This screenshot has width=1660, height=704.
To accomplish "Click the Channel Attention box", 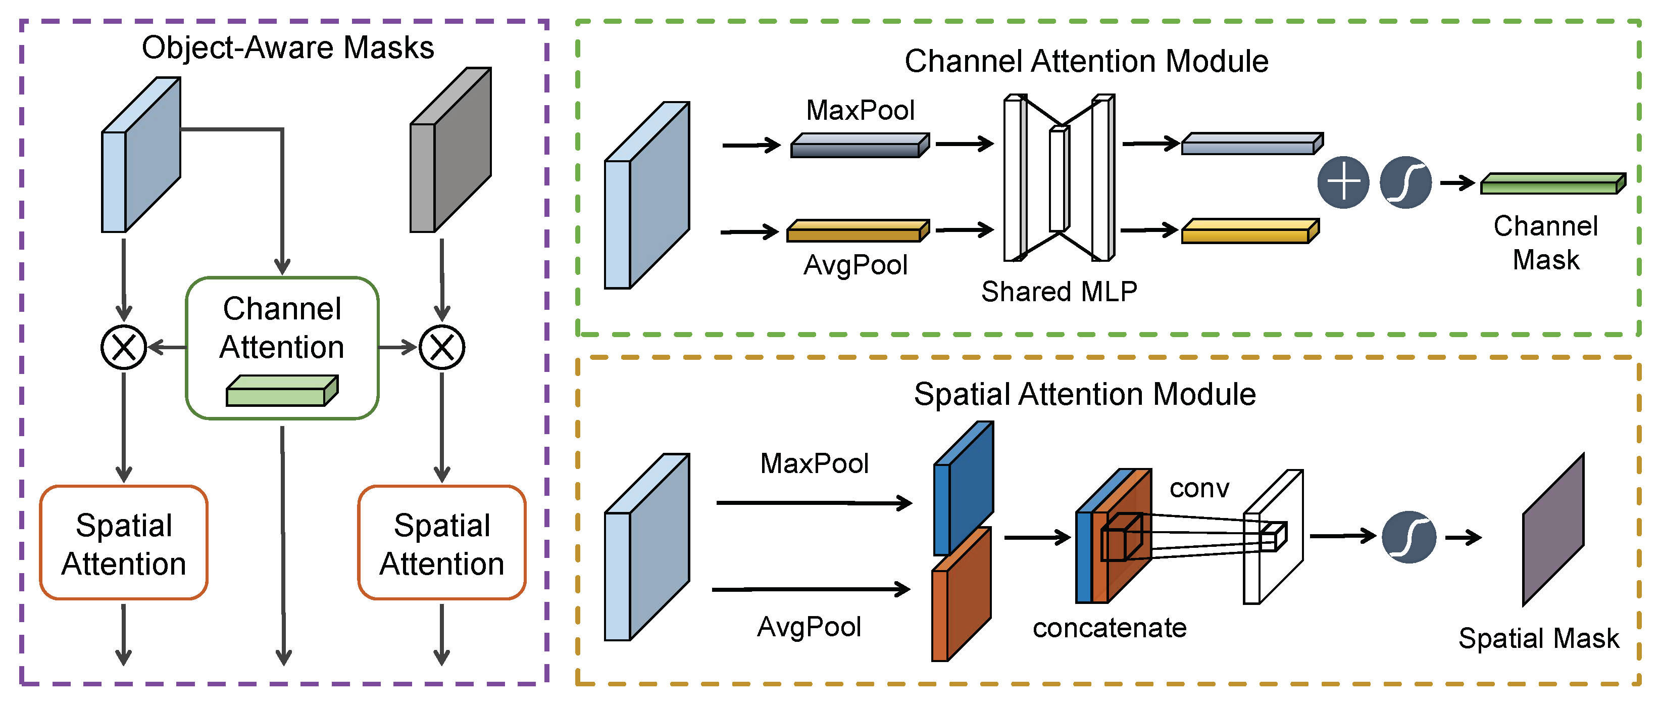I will click(282, 348).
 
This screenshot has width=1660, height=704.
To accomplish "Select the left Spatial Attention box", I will click(124, 543).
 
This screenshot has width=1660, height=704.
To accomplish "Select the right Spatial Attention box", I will click(441, 543).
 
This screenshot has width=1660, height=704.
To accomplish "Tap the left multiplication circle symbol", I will click(124, 348).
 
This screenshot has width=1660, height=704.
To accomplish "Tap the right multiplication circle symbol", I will click(442, 348).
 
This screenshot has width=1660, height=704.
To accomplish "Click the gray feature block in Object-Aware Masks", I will click(451, 150).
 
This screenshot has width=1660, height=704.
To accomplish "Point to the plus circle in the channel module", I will click(1343, 182).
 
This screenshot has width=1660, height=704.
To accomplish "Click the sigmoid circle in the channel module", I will click(1405, 182).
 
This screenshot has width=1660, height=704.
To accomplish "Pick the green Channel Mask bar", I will click(1552, 184).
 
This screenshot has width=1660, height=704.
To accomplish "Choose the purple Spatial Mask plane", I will click(1553, 530).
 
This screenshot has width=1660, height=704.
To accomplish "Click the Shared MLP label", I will click(1059, 292).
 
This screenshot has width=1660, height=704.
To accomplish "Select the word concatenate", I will click(1109, 627).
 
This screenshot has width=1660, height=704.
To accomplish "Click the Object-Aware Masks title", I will click(287, 48).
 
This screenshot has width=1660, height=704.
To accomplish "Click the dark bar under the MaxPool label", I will click(860, 146).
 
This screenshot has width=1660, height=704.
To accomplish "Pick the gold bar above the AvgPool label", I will click(858, 231).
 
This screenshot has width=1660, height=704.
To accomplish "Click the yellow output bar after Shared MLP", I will click(1249, 231).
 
